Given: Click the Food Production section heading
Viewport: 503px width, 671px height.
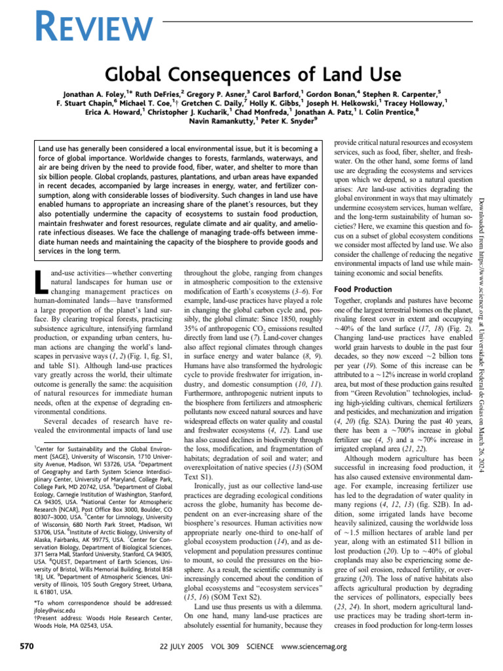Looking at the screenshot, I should pyautogui.click(x=363, y=289).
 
